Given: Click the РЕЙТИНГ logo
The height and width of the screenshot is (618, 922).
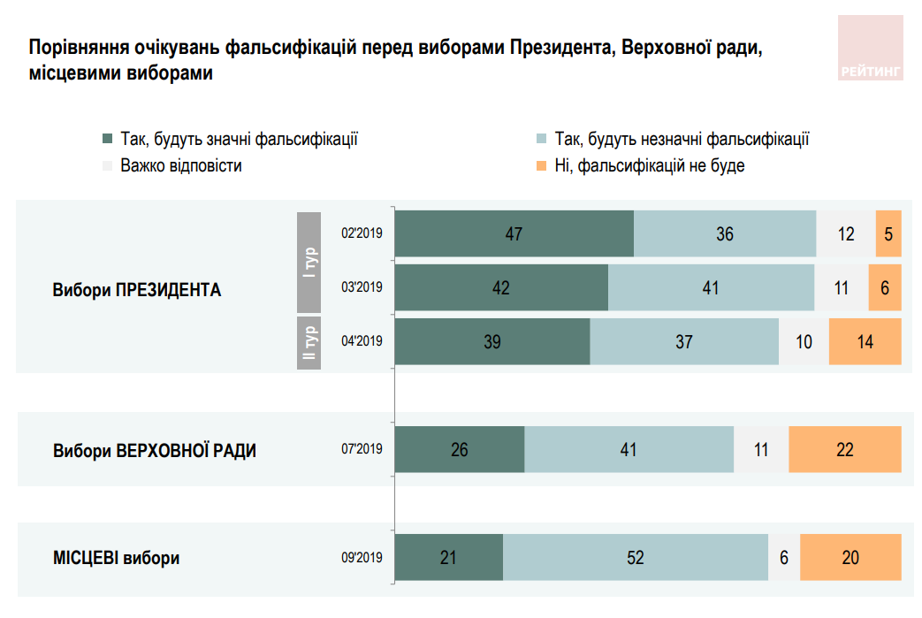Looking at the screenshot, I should pyautogui.click(x=870, y=48).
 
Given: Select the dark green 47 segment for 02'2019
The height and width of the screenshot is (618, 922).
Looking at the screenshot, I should pyautogui.click(x=514, y=234).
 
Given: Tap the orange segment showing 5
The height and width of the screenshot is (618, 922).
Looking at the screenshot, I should pyautogui.click(x=888, y=234).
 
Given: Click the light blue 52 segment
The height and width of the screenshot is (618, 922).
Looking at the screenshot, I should pyautogui.click(x=635, y=558).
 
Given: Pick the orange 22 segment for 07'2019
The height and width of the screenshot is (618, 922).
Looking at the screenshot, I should pyautogui.click(x=844, y=449).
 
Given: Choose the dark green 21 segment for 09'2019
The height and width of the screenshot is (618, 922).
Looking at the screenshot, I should pyautogui.click(x=448, y=558).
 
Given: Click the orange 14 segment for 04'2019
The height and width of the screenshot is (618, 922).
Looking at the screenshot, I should pyautogui.click(x=865, y=341).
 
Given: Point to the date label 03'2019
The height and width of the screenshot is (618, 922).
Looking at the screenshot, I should pyautogui.click(x=362, y=287).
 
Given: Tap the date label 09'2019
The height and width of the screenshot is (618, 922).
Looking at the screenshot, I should pyautogui.click(x=362, y=558).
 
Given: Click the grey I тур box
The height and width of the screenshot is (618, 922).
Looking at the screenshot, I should pyautogui.click(x=309, y=262).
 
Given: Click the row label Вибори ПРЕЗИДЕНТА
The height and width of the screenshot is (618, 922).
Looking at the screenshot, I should pyautogui.click(x=136, y=289).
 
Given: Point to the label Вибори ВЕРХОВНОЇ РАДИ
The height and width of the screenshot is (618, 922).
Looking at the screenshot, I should pyautogui.click(x=155, y=450).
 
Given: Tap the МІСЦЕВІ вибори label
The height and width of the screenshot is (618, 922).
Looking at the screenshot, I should pyautogui.click(x=117, y=559).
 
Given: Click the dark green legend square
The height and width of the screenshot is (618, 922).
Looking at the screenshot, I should pyautogui.click(x=108, y=139).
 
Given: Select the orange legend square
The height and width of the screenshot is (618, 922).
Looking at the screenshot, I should pyautogui.click(x=540, y=165).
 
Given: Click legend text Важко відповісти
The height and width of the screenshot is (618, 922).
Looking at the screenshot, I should pyautogui.click(x=180, y=165).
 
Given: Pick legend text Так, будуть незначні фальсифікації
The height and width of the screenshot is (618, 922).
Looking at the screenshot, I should pyautogui.click(x=682, y=139).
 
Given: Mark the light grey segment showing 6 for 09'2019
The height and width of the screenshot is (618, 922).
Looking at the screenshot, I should pyautogui.click(x=784, y=558).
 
